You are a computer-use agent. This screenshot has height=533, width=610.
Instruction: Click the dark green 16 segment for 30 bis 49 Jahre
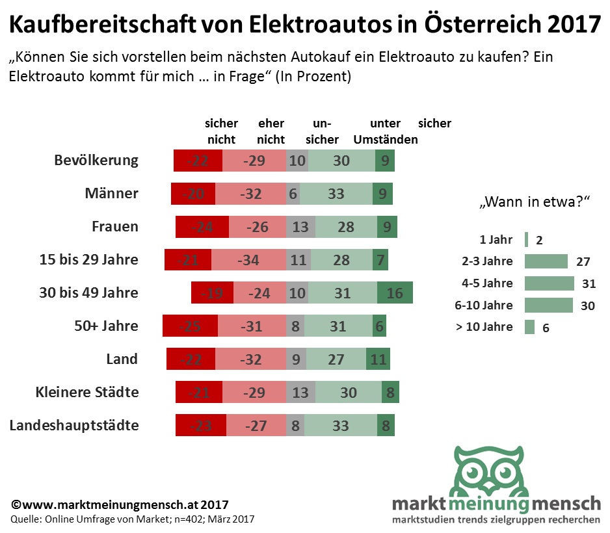395,292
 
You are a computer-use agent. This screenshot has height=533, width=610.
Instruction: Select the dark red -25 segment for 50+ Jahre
190,326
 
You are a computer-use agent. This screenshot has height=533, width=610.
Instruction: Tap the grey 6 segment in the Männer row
293,194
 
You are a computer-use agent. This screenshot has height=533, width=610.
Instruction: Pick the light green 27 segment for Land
336,359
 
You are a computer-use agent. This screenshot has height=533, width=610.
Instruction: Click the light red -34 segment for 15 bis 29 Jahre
248,260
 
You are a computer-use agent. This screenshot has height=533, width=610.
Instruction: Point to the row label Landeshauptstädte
74,426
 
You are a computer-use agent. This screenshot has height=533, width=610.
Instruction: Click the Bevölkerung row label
96,161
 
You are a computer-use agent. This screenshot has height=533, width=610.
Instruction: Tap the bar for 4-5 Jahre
549,283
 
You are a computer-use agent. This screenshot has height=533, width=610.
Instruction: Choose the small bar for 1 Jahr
525,240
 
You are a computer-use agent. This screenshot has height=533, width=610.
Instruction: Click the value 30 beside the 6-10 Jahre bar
588,305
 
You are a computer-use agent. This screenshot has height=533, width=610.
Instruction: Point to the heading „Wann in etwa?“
534,202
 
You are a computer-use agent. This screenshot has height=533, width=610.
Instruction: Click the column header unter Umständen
385,131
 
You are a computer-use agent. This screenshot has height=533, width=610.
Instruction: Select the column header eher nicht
271,131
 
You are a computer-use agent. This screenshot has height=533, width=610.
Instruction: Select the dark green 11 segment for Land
377,359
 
